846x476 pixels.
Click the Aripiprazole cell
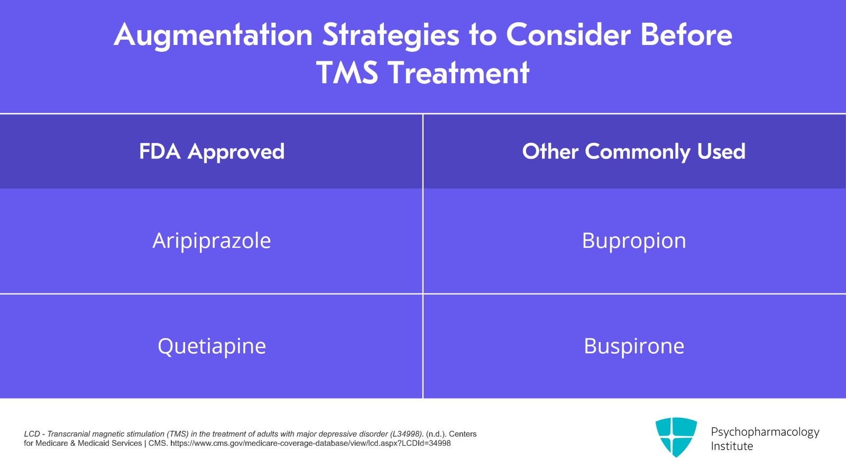point(212,241)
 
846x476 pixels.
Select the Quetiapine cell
point(212,346)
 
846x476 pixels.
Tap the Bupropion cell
point(634,241)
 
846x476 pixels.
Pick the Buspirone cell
point(634,346)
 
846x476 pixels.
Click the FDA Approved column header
point(212,151)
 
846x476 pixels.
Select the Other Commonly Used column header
point(634,151)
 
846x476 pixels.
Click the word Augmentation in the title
point(213,35)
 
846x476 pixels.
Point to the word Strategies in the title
point(391,35)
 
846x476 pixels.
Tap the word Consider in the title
point(568,35)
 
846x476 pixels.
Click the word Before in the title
point(686,35)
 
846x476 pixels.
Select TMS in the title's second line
point(347,73)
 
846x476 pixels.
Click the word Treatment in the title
point(458,73)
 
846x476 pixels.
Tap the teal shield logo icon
point(676,437)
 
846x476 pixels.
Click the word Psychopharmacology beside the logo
point(765,432)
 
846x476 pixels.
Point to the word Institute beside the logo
point(732,446)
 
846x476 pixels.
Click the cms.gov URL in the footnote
point(310,443)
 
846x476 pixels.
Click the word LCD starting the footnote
point(32,434)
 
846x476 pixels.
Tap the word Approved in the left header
point(236,152)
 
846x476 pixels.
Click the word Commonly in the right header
point(638,152)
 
